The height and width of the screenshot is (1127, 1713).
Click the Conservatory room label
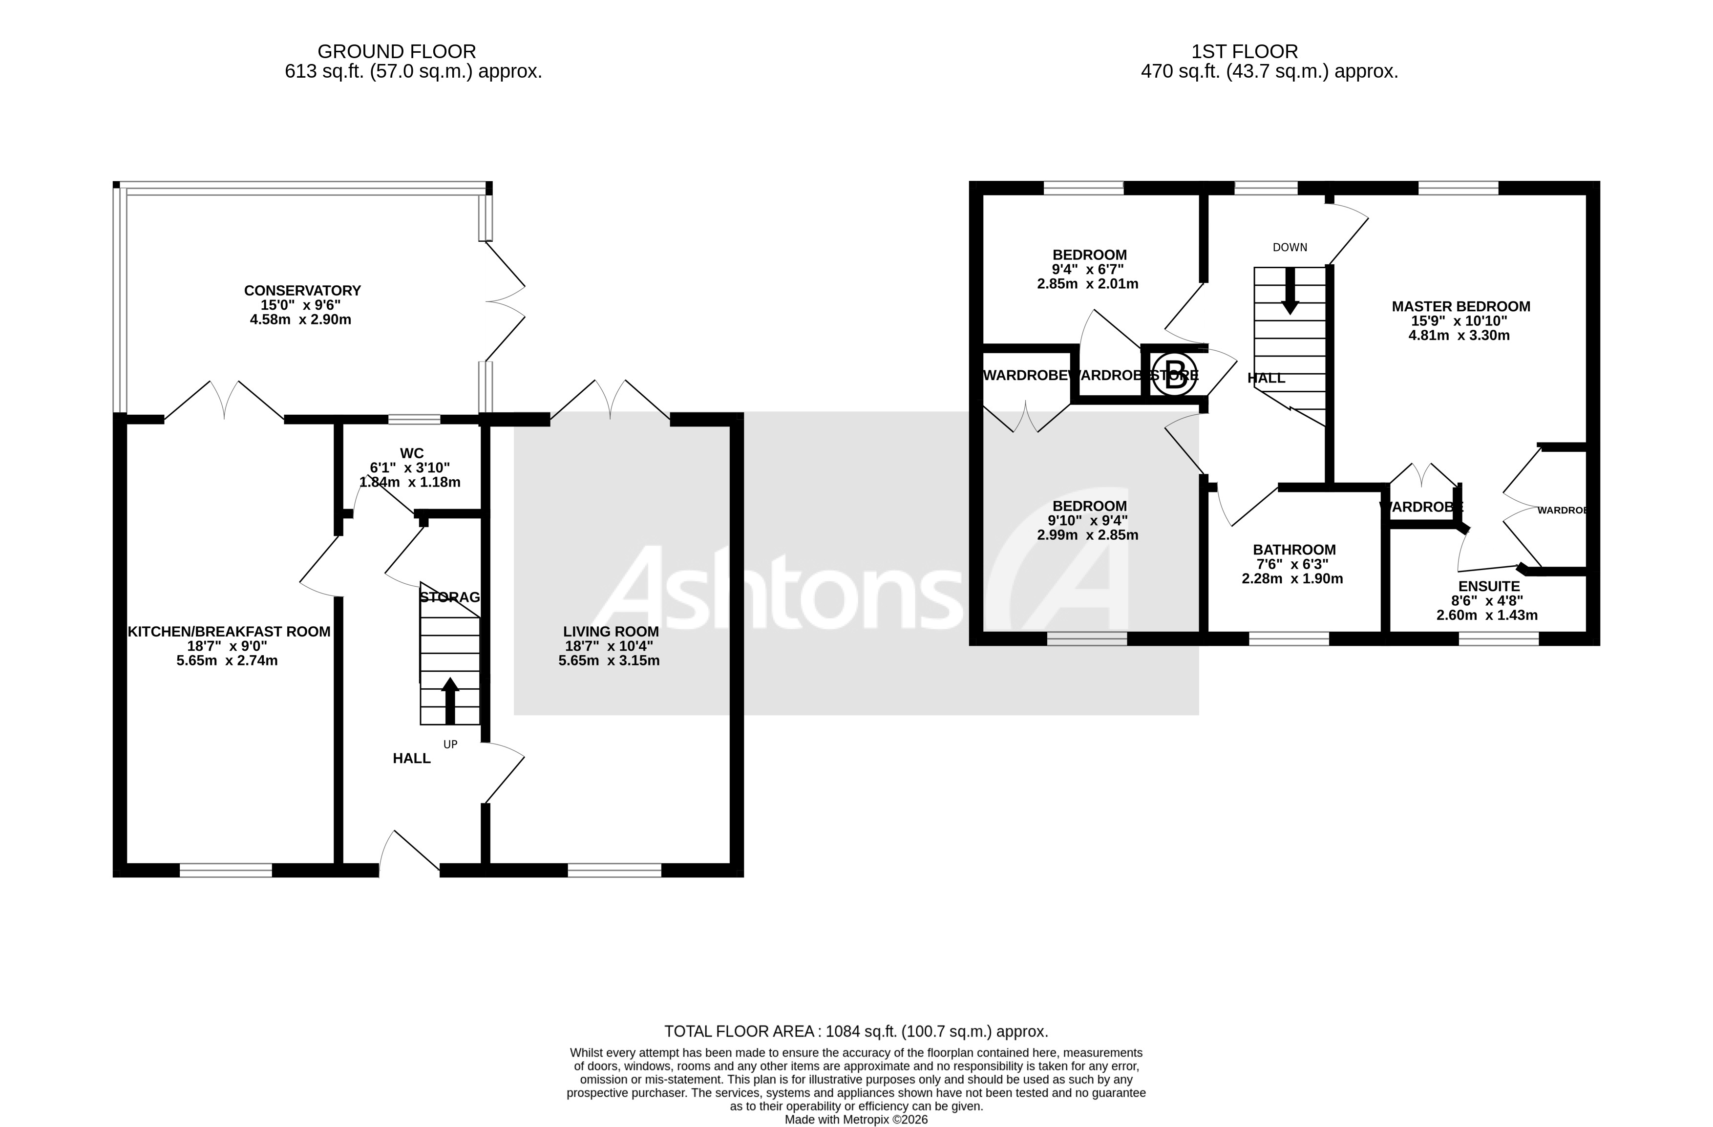[x=302, y=291]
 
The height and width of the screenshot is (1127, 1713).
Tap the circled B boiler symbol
[x=1175, y=374]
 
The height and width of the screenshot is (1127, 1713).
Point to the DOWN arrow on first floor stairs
[x=1290, y=291]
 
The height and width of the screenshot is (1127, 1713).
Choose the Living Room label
[x=611, y=632]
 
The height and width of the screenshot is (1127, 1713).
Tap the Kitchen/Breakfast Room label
[x=229, y=632]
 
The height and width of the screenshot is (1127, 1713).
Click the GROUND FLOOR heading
[x=397, y=52]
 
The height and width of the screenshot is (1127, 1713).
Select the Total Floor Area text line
[x=855, y=1031]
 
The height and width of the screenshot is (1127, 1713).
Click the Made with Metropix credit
[x=856, y=1120]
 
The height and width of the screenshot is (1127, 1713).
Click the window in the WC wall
[x=414, y=419]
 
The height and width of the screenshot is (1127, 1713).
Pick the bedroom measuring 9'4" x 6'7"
[x=1089, y=255]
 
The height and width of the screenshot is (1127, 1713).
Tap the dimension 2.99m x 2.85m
[x=1088, y=535]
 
